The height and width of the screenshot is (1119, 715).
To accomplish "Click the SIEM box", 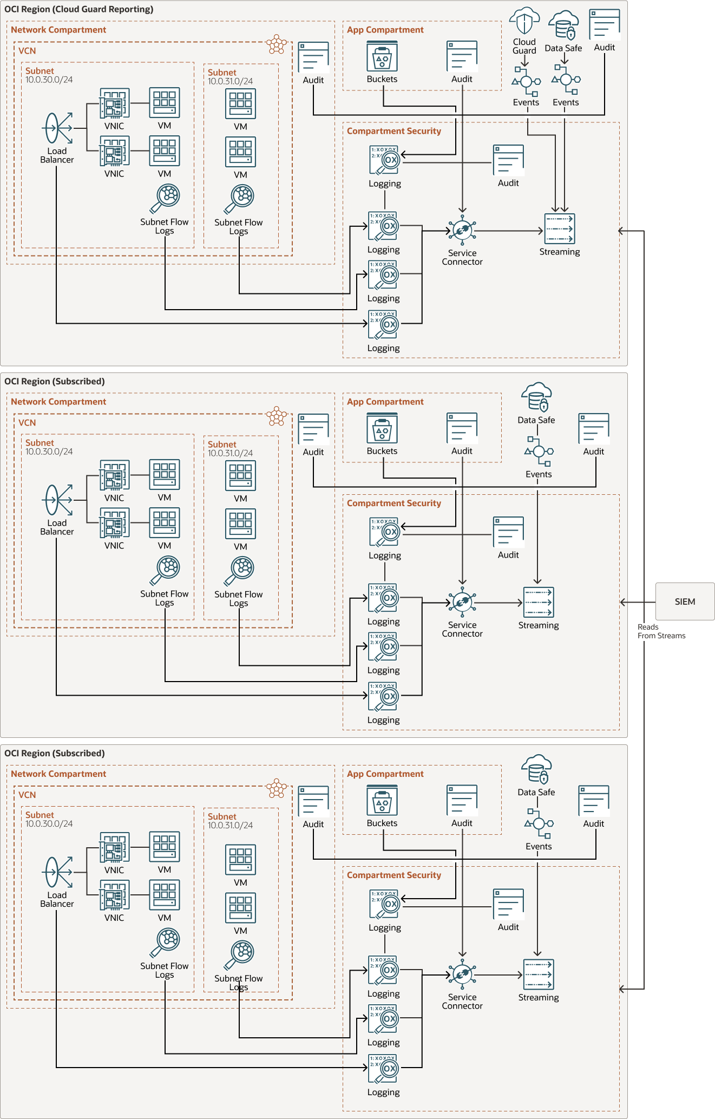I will (x=685, y=601).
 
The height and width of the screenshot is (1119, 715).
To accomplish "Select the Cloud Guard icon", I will (x=524, y=22).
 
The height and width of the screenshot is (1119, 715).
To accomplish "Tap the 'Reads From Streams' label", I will (x=661, y=631).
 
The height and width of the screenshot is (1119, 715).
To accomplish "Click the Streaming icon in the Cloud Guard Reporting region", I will (x=559, y=228).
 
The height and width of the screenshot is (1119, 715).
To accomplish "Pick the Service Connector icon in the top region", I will (x=462, y=231).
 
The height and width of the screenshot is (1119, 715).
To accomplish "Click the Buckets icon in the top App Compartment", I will (x=382, y=56).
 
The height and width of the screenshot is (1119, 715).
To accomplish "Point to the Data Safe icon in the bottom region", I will (x=536, y=769).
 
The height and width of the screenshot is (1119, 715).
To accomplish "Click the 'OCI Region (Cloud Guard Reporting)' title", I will (x=79, y=9).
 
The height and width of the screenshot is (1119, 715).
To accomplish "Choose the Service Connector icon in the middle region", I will (x=462, y=602).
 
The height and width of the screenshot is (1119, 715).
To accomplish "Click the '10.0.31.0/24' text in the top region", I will (x=230, y=81).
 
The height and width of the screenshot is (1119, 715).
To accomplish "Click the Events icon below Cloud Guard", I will (x=526, y=82).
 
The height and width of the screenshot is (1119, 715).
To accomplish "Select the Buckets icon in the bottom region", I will (x=382, y=801).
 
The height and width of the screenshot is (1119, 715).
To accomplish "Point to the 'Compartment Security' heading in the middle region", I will (x=393, y=503).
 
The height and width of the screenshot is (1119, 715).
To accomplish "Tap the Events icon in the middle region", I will (x=539, y=451).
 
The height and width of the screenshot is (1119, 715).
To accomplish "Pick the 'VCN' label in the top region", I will (x=27, y=51).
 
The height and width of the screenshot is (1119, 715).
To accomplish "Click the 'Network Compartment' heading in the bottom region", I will (x=58, y=774).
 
